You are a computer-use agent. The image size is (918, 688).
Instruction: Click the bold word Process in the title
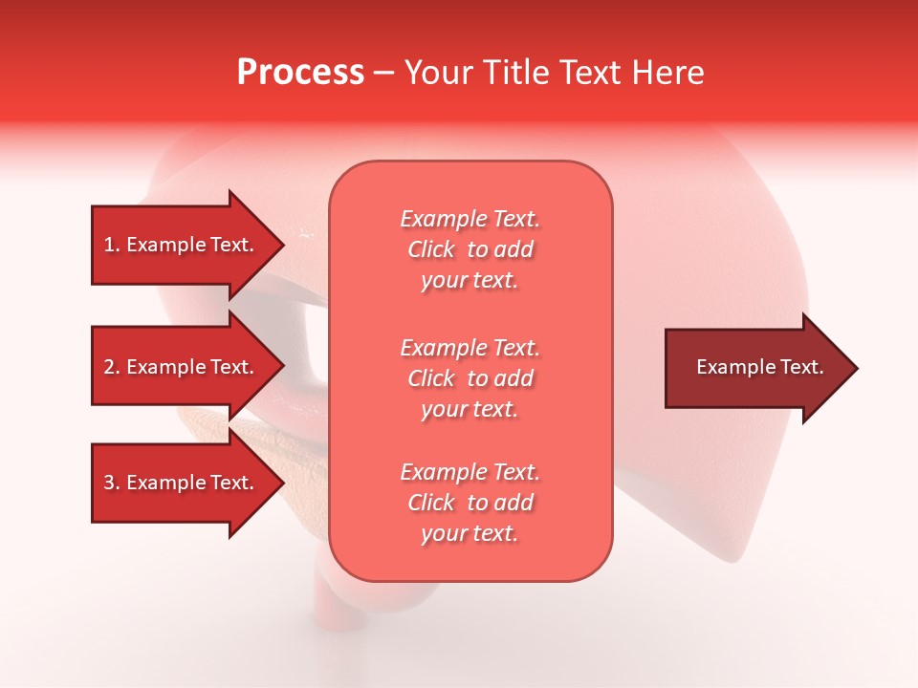[300, 73]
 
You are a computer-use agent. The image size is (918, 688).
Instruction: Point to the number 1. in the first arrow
[112, 245]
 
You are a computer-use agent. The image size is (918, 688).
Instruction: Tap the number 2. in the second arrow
[112, 367]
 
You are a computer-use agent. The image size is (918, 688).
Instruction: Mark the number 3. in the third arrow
[112, 483]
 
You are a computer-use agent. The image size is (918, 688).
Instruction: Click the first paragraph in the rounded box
[470, 249]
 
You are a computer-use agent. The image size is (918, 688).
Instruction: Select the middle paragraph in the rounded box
[470, 378]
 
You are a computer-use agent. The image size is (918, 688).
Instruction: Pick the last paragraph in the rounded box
[470, 503]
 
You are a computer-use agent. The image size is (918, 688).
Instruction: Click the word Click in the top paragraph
[431, 250]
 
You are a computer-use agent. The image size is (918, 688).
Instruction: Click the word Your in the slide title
[436, 73]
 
